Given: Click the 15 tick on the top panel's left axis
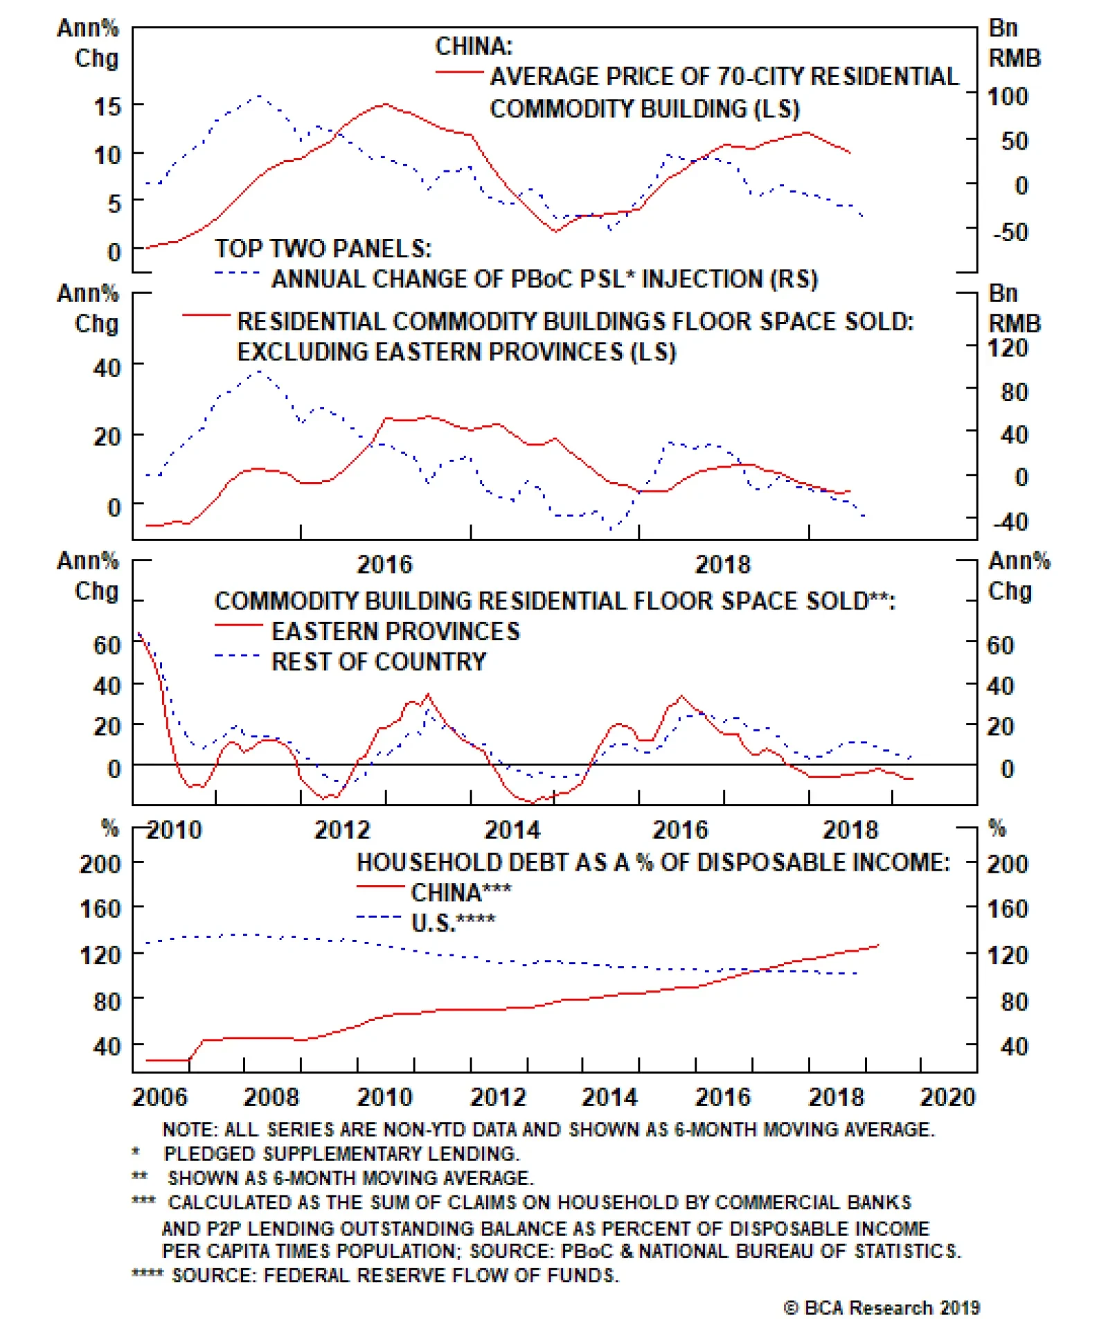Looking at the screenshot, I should [x=107, y=106].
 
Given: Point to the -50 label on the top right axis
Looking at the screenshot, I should [x=1010, y=231].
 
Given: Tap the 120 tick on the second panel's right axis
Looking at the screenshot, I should [x=1008, y=347].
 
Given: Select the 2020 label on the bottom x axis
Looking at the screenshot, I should [x=947, y=1098].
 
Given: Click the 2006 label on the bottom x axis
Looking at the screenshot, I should [x=160, y=1098].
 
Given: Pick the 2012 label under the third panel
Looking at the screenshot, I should [x=342, y=830].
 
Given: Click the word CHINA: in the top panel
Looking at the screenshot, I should [x=474, y=46].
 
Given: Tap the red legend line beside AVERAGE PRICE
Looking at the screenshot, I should [x=459, y=72].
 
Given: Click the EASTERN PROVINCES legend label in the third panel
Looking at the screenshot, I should [x=395, y=631].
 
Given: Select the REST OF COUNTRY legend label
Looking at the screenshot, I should [x=379, y=661].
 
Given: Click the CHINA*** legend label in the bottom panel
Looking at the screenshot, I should [x=461, y=892].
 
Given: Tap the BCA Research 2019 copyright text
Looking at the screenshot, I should [x=882, y=1307].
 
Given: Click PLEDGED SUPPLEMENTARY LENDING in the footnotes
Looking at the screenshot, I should [x=341, y=1153].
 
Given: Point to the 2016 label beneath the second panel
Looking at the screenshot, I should [x=384, y=564].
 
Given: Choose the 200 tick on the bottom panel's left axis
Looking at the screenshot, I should [x=100, y=864].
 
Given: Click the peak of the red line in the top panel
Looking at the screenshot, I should [x=384, y=104].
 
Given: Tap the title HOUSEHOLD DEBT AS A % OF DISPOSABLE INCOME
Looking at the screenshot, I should [x=653, y=862].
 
